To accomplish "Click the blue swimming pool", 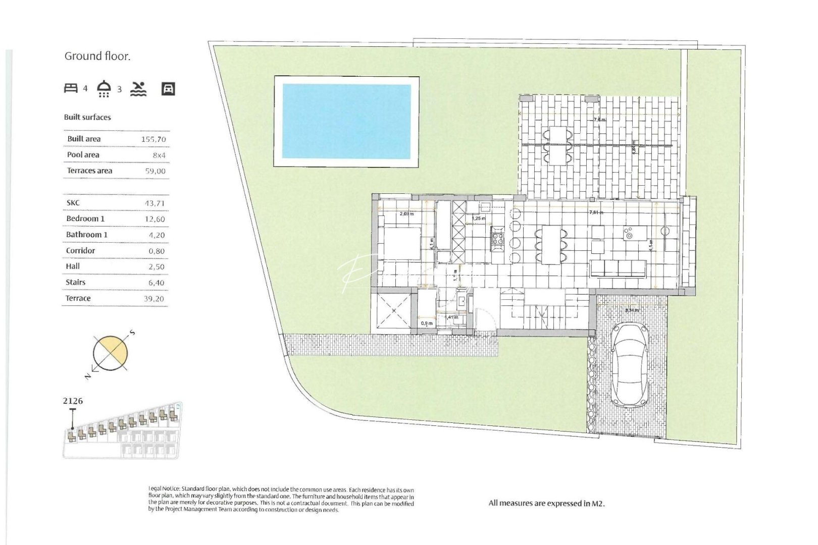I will point(346,121).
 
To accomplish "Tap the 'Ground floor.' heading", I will point(97,56).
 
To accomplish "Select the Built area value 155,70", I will point(154,139).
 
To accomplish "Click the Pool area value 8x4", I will point(159,155).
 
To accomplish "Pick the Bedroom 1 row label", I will point(85,219).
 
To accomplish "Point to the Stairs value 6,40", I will point(156,283).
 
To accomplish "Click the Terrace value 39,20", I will point(154,299).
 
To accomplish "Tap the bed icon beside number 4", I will point(71,88).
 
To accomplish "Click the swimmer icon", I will point(138,89).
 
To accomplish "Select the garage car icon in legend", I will point(168,89).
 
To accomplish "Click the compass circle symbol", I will point(111,353).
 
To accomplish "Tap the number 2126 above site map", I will point(73,401).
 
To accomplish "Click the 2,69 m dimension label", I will point(406,214).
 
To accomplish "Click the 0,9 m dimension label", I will point(427,323).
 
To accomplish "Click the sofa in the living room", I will point(618,268).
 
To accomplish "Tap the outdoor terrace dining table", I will point(557,145).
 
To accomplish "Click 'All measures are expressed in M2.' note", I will point(546,503).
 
